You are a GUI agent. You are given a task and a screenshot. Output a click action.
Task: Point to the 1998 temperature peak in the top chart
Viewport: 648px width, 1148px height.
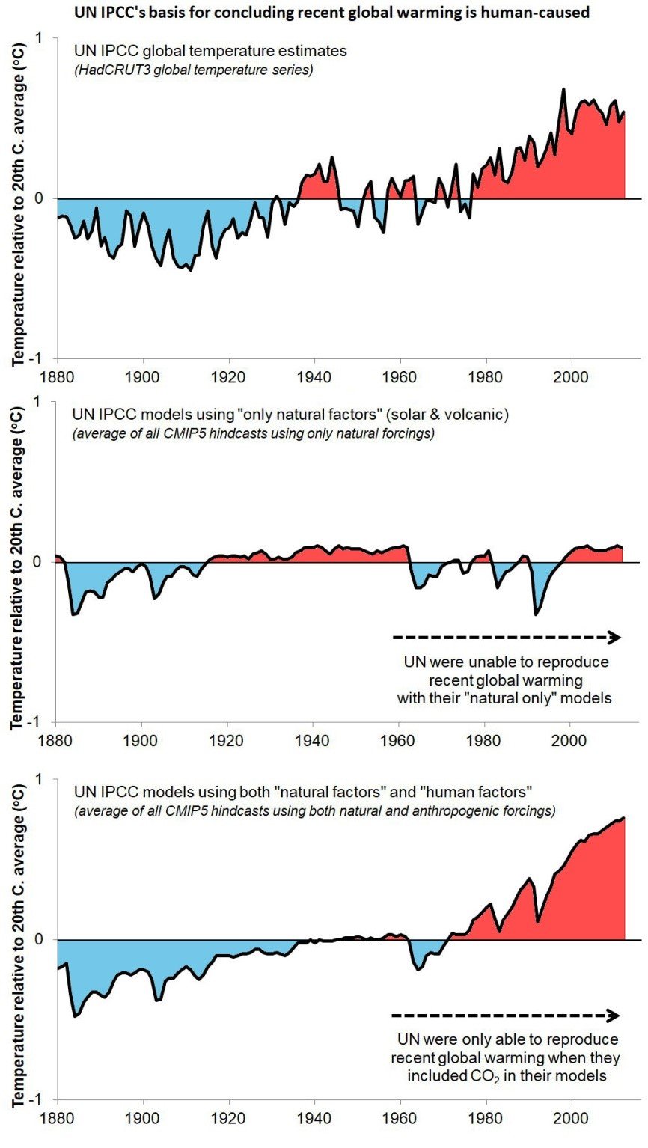coord(563,90)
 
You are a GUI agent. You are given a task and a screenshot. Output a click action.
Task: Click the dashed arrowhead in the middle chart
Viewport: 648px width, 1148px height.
coord(615,638)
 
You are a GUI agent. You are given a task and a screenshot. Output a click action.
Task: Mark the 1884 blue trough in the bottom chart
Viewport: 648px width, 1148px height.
coord(75,1015)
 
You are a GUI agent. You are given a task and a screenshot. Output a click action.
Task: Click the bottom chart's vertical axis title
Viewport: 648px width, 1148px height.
coord(17,940)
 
